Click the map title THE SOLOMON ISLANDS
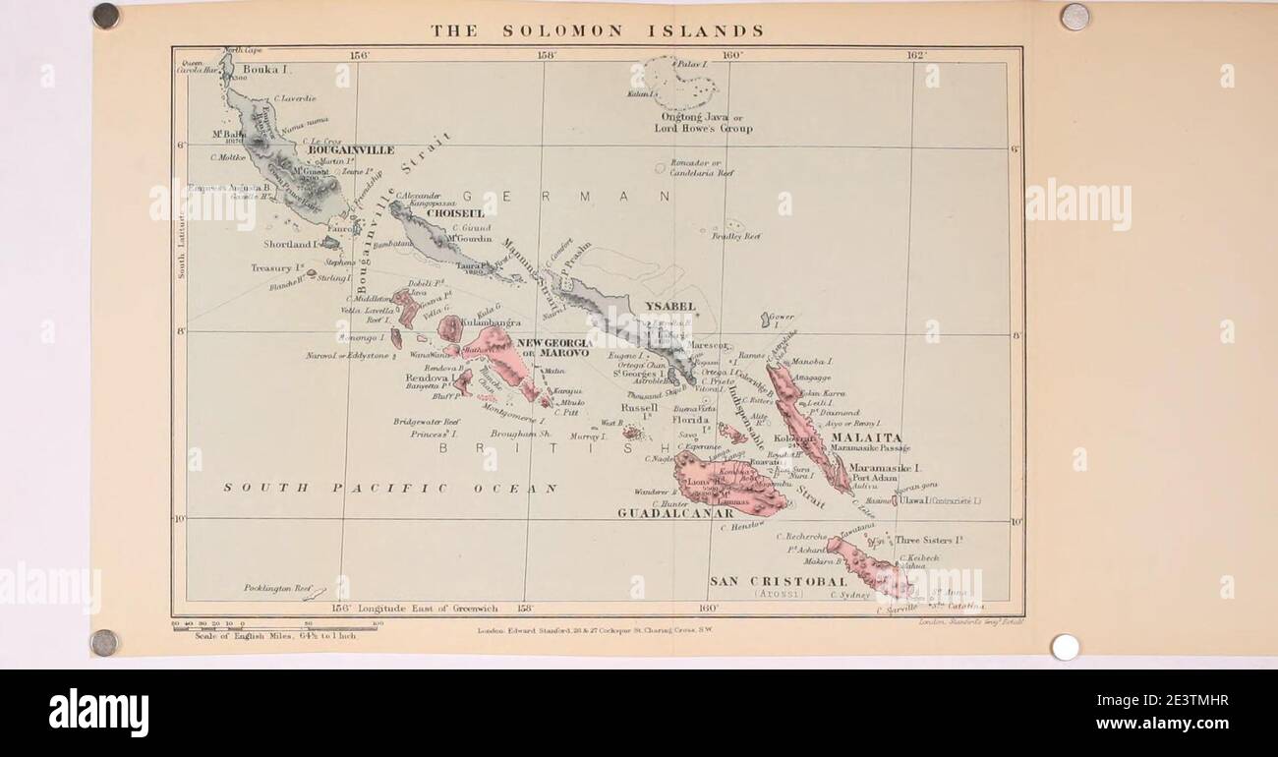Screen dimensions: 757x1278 (x=597, y=30)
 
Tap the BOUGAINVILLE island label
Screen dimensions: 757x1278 (x=351, y=150)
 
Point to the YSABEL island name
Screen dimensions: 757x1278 (x=669, y=306)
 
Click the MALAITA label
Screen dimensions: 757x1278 (x=866, y=437)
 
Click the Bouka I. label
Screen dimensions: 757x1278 (x=264, y=72)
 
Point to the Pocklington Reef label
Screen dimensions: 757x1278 (x=270, y=588)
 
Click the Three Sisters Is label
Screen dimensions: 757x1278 (x=928, y=540)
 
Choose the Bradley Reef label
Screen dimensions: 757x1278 (x=736, y=236)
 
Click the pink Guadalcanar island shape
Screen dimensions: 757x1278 (x=727, y=484)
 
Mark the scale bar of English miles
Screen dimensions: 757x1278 (x=275, y=627)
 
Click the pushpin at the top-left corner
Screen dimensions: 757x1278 (x=105, y=16)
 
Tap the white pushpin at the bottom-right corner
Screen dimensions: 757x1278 (x=1065, y=646)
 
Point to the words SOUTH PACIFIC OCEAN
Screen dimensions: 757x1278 (x=390, y=488)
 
